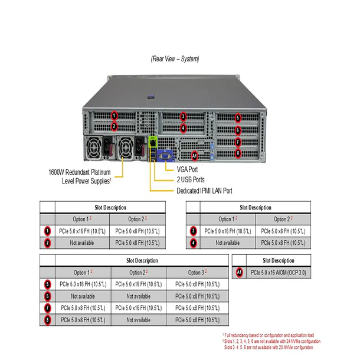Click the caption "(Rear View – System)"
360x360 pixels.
pyautogui.click(x=175, y=59)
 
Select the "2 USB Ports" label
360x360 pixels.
pyautogui.click(x=191, y=179)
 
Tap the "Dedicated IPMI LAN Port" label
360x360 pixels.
pyautogui.click(x=204, y=191)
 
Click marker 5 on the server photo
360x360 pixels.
pyautogui.click(x=238, y=118)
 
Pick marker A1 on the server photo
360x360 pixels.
pyautogui.click(x=195, y=156)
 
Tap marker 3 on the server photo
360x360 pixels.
pyautogui.click(x=183, y=116)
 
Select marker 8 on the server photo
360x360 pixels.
pyautogui.click(x=238, y=153)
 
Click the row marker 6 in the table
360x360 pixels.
pyautogui.click(x=47, y=296)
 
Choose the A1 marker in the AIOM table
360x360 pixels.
pyautogui.click(x=239, y=273)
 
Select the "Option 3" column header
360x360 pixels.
pyautogui.click(x=197, y=272)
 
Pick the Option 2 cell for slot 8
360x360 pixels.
pyautogui.click(x=138, y=320)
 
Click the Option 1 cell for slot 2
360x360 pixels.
pyautogui.click(x=82, y=243)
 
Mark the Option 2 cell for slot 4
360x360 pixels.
pyautogui.click(x=282, y=243)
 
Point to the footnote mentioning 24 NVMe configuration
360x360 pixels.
pyautogui.click(x=271, y=341)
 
